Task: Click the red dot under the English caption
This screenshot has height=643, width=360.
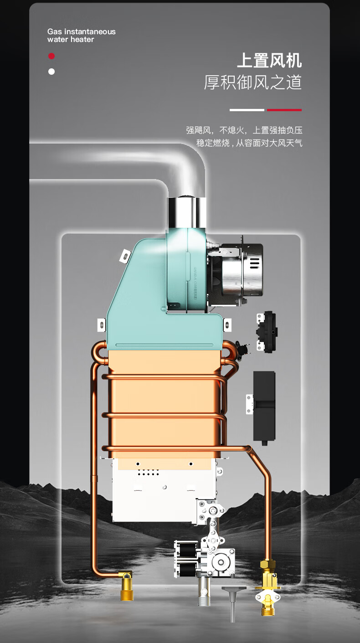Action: (x=51, y=56)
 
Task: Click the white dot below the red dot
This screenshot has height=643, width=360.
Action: (x=51, y=72)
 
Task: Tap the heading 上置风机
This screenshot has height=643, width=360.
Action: (x=269, y=61)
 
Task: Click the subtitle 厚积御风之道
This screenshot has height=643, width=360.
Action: (x=253, y=82)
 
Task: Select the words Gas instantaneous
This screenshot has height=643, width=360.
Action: (x=82, y=31)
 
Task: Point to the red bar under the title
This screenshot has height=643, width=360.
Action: (x=284, y=110)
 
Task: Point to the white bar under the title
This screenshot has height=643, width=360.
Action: (x=247, y=110)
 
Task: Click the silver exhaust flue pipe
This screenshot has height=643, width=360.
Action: (x=186, y=212)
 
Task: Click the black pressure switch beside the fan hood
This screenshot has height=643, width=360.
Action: (x=267, y=332)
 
